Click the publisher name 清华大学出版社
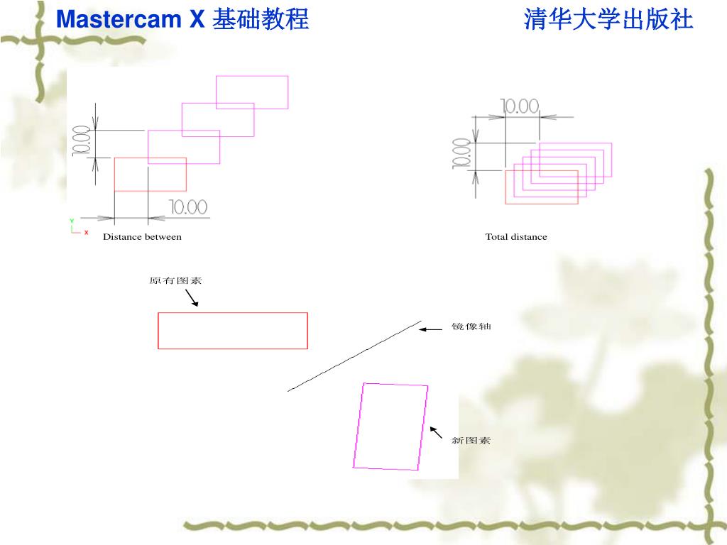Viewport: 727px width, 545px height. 608,19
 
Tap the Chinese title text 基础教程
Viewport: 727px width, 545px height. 261,19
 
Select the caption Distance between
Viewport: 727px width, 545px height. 142,237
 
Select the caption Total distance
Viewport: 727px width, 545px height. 516,237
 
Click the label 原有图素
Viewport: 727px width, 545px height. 175,281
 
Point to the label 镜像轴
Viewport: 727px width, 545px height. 471,327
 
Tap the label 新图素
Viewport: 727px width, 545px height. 471,441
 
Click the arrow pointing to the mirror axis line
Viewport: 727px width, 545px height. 430,329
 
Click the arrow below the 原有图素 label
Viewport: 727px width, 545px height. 191,298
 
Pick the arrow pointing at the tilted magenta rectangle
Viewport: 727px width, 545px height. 436,432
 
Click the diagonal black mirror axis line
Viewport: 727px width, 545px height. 355,356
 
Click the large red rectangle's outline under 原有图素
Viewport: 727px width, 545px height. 233,313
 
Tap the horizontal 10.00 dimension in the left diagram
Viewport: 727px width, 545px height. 188,207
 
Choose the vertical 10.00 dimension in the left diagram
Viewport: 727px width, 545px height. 80,141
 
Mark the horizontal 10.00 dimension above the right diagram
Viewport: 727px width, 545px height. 520,106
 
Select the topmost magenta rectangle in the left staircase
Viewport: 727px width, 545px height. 252,76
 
